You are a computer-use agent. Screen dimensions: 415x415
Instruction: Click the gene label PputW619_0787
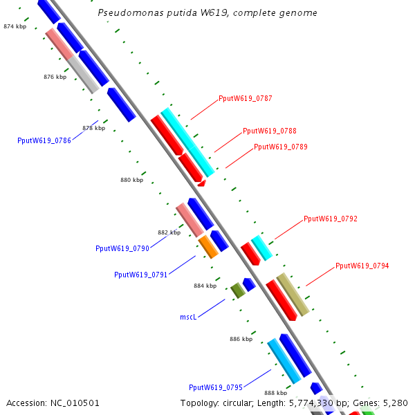coord(245,98)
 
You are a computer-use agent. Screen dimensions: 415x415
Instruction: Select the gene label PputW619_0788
coord(269,131)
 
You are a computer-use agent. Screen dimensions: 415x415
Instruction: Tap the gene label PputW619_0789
coord(280,147)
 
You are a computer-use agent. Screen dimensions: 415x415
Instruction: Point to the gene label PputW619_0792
coord(330,219)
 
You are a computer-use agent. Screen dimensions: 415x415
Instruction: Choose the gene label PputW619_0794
coord(362,266)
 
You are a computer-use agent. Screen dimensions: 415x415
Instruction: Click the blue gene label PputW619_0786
coord(44,140)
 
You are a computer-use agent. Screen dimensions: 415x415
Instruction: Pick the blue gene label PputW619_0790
coord(122,248)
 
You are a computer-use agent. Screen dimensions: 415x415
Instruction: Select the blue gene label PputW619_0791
coord(140,275)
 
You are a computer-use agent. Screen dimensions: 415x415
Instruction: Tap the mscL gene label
coord(189,317)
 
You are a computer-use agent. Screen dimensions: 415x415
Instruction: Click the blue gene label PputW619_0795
coord(215,387)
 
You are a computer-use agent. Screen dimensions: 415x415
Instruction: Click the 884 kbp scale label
coord(205,286)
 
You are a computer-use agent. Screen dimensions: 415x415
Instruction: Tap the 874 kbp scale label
coord(15,26)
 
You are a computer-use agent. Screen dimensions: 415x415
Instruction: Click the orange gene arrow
coord(208,247)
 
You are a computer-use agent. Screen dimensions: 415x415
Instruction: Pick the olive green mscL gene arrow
coord(238,290)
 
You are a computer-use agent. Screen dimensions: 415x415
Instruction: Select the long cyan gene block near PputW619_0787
coord(187,142)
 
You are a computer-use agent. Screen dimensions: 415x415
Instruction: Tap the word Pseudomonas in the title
coord(125,13)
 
